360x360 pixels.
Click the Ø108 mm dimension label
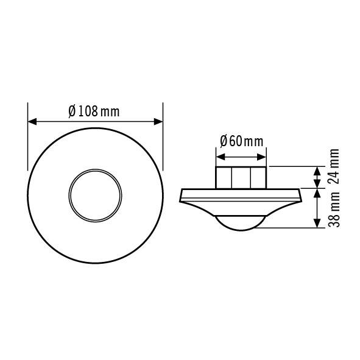94,111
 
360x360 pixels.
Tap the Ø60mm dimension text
241,141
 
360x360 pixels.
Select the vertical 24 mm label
334,165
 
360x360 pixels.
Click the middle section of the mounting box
241,177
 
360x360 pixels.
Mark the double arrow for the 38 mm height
317,208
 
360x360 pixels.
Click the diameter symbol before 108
72,111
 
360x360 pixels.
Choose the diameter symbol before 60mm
223,141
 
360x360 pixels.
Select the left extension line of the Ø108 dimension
28,137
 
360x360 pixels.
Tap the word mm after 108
110,112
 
